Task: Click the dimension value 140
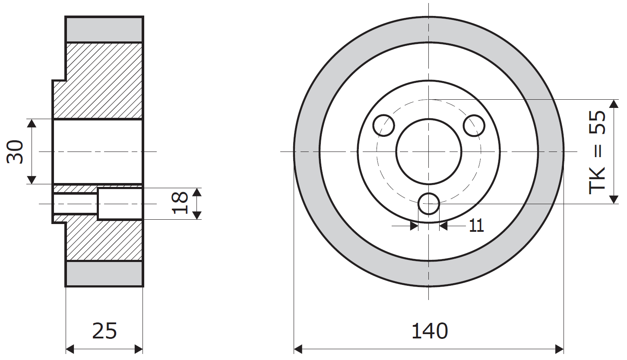click(430, 332)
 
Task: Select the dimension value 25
click(104, 331)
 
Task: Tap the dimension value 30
click(16, 152)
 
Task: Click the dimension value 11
click(476, 225)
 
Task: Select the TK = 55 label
click(598, 152)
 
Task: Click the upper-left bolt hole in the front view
click(384, 126)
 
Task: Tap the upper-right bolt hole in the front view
click(474, 126)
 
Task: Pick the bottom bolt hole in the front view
click(429, 203)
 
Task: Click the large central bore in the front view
click(429, 152)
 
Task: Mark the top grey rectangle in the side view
click(104, 29)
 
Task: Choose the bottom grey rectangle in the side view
click(104, 274)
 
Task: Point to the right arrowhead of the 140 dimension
click(559, 348)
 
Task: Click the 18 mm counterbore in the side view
click(120, 204)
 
